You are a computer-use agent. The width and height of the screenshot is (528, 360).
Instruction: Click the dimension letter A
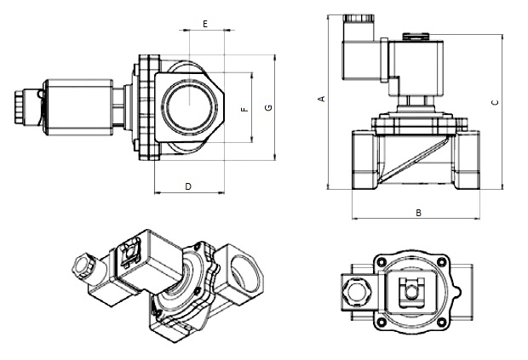tap(321, 100)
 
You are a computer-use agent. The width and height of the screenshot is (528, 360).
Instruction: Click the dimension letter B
tap(417, 213)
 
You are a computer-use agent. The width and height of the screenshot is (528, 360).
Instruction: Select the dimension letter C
tap(495, 102)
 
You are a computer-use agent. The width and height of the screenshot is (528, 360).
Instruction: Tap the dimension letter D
tap(187, 186)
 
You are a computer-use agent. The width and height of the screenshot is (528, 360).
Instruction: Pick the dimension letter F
tap(244, 110)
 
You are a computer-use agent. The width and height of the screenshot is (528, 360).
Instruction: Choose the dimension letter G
tap(268, 108)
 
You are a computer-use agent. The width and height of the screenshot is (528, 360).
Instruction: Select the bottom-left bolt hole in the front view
tap(385, 320)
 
